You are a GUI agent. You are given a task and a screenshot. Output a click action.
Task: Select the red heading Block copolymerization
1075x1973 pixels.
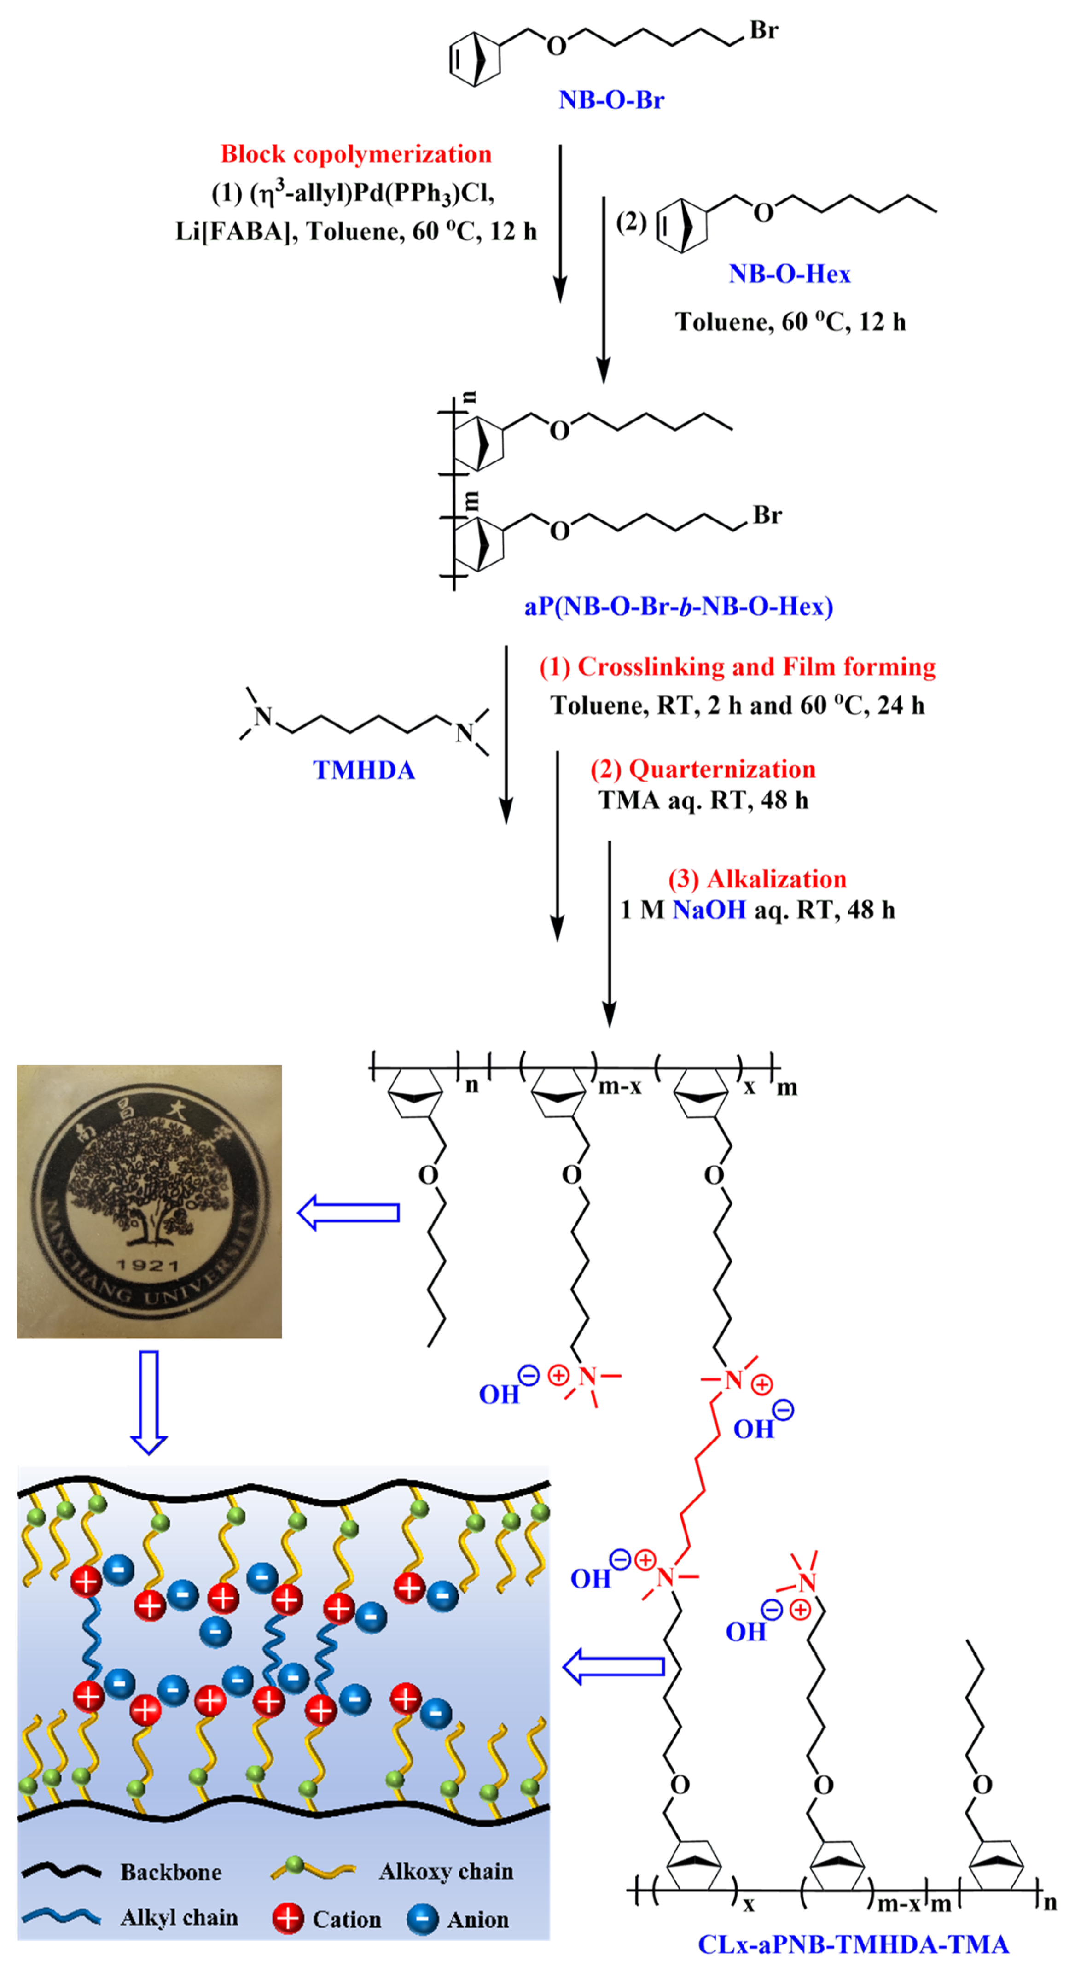click(356, 154)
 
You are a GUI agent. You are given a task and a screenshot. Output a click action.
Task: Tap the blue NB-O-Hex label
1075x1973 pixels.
click(790, 274)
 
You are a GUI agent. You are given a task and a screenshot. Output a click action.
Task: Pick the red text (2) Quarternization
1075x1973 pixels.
click(703, 769)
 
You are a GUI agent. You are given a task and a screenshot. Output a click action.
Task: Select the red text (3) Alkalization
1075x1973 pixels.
click(757, 879)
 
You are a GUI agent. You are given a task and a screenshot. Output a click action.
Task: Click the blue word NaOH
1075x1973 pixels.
click(709, 910)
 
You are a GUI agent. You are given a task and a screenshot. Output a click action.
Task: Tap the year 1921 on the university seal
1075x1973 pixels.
click(147, 1265)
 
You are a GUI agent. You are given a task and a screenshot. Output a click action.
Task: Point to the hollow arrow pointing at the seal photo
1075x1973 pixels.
click(349, 1213)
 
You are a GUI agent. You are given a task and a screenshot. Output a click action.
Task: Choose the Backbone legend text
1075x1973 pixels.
click(171, 1872)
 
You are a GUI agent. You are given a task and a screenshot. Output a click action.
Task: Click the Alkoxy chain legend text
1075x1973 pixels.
click(446, 1871)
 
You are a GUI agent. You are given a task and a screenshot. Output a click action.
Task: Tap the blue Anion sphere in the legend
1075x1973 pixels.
click(422, 1919)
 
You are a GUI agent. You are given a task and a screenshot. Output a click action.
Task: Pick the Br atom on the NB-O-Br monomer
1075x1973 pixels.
click(763, 31)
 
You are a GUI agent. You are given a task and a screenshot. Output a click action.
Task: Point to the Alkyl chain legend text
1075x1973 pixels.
click(179, 1917)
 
